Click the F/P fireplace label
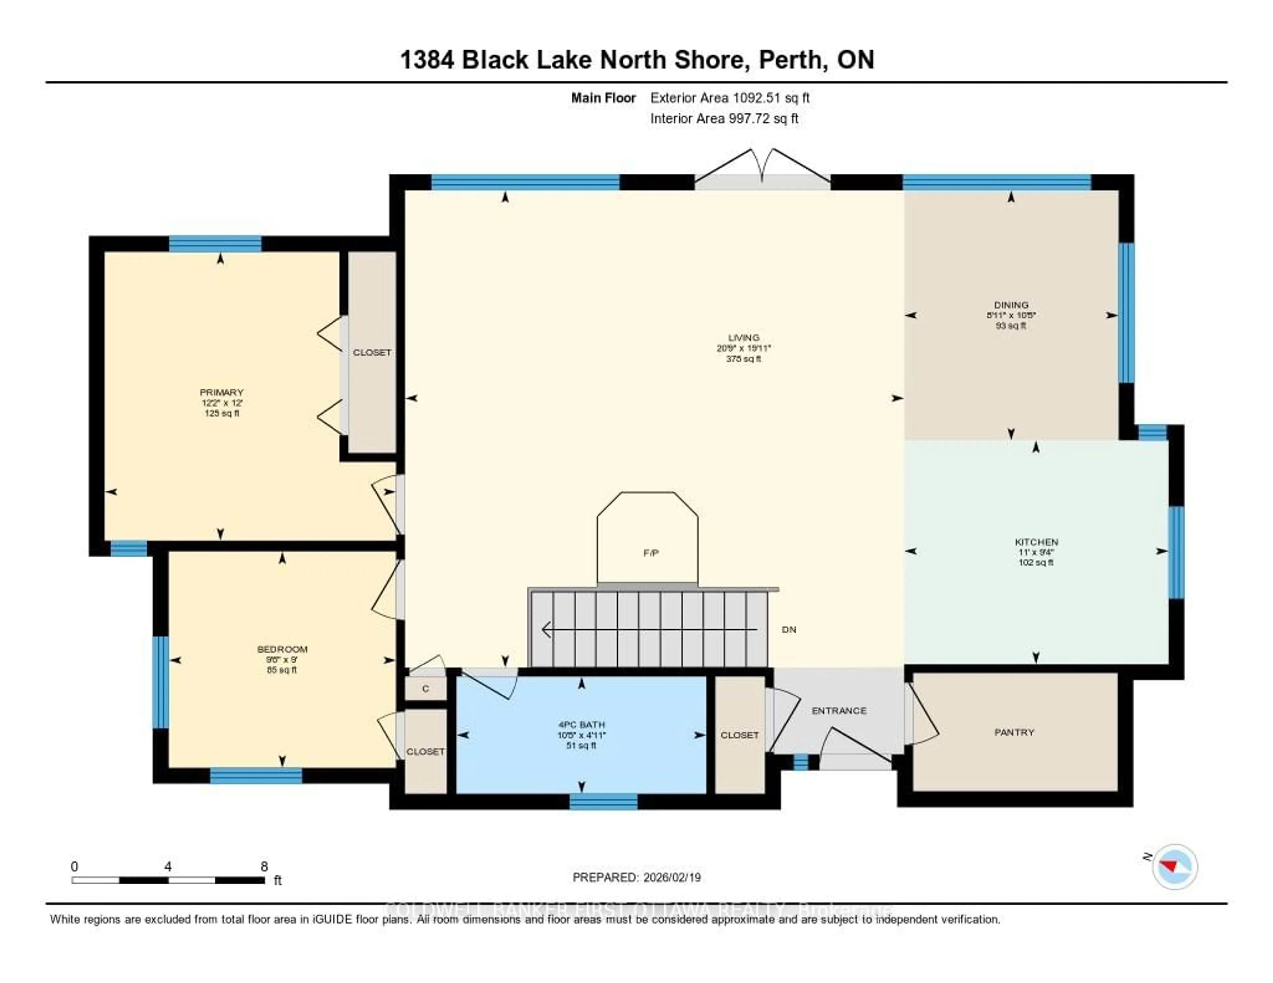pyautogui.click(x=651, y=553)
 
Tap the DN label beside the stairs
pyautogui.click(x=789, y=629)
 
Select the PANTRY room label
pyautogui.click(x=1014, y=732)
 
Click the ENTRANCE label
pyautogui.click(x=839, y=710)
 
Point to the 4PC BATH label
pyautogui.click(x=582, y=725)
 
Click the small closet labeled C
pyautogui.click(x=426, y=689)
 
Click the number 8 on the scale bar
pyautogui.click(x=264, y=866)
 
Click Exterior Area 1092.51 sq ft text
pyautogui.click(x=730, y=98)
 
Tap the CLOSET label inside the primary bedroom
pyautogui.click(x=372, y=353)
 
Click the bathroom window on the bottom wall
pyautogui.click(x=603, y=802)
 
